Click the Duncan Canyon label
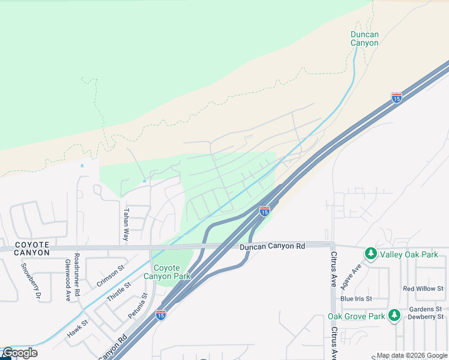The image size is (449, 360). coord(364,38)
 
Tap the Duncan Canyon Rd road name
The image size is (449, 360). coord(272,246)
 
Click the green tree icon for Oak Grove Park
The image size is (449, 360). coord(394,316)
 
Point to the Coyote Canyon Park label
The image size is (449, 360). coord(167,272)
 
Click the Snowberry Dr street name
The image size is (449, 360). coord(30,281)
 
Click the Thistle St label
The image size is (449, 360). coord(118,290)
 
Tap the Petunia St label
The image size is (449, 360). coord(137,306)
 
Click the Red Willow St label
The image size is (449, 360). coord(423,289)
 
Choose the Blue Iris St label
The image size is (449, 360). coord(356,298)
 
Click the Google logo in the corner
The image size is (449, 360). coord(19,353)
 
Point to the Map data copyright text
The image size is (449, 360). coord(411,355)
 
